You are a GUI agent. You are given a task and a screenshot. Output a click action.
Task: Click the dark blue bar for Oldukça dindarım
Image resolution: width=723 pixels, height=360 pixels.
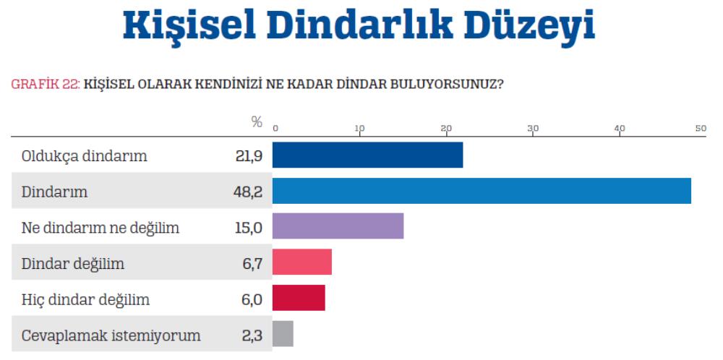(x=367, y=155)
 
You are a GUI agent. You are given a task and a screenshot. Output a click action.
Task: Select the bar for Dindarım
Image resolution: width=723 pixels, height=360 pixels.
(x=482, y=191)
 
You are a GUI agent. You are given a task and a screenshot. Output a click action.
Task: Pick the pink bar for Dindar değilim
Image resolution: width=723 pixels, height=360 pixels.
(x=302, y=262)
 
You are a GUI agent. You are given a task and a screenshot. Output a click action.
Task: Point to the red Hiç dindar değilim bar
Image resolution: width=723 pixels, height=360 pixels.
(x=299, y=298)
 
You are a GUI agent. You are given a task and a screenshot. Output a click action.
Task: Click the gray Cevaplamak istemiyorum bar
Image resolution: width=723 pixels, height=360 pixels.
(x=283, y=333)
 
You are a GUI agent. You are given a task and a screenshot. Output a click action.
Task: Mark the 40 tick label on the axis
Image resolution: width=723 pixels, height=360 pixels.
(x=620, y=129)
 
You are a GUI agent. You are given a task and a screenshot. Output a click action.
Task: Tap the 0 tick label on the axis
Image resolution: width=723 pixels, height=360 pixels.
(x=275, y=129)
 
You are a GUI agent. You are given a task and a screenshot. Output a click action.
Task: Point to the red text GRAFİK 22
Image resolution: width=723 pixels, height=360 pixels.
(x=44, y=83)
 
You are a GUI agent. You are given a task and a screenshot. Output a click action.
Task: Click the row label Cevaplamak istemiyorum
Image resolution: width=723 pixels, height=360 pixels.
(x=111, y=335)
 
